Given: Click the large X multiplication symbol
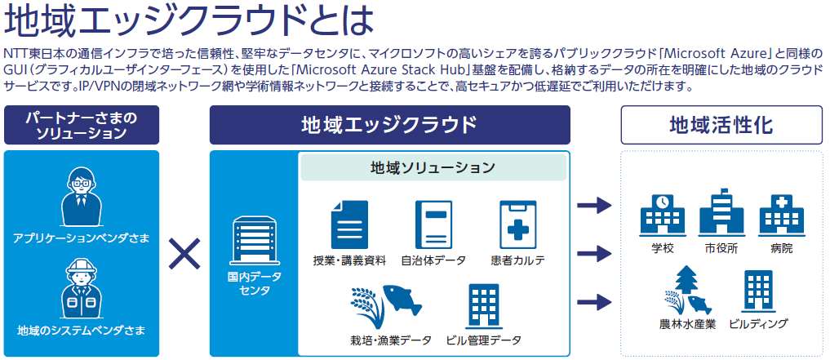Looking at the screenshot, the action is click(184, 254).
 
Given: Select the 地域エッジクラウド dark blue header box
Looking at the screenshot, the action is click(389, 125).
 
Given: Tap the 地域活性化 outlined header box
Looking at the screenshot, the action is click(721, 125).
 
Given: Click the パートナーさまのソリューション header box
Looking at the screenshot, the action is click(82, 125).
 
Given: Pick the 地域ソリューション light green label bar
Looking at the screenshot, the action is click(433, 168).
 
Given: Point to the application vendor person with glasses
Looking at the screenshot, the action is click(82, 197).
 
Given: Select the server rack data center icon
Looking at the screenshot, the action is click(252, 242).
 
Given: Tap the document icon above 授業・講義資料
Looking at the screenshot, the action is click(349, 224).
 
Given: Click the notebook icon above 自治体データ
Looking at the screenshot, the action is click(433, 224).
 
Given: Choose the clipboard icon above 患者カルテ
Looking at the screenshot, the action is click(518, 224).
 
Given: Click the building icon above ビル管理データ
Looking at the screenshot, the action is click(483, 305).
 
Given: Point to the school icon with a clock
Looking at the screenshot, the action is click(662, 215).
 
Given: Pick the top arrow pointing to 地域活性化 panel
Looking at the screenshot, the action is click(594, 205).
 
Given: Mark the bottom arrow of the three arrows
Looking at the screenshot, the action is click(594, 302).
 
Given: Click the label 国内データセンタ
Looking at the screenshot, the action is click(252, 284).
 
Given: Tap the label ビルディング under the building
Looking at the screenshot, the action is click(758, 323).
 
